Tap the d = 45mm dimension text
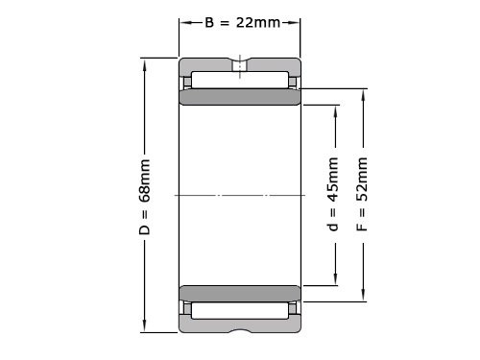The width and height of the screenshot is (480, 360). click(x=332, y=196)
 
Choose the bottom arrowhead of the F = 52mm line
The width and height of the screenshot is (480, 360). click(x=363, y=298)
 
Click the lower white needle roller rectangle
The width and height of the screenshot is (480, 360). click(x=240, y=311)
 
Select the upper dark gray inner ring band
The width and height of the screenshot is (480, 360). click(x=240, y=98)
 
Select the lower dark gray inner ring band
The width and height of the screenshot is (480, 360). click(x=240, y=293)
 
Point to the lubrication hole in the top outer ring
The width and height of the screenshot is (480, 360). click(x=238, y=66)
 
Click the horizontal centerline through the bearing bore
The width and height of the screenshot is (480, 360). click(x=240, y=196)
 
